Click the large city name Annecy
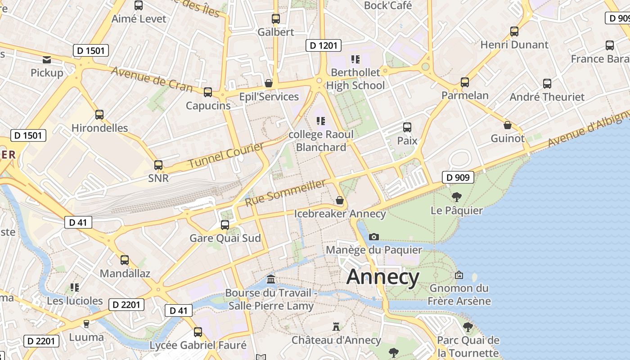point(383,277)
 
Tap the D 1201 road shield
point(324,45)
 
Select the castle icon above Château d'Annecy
point(336,326)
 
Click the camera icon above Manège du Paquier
point(373,237)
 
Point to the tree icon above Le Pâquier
point(457,197)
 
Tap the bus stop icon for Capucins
point(208,92)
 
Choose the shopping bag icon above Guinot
point(508,125)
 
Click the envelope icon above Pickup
point(47,59)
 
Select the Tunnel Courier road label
point(226,155)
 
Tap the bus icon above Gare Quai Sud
point(225,225)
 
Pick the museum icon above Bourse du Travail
point(271,279)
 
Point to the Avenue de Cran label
point(152,79)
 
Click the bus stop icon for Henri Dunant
point(514,31)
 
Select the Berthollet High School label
point(355,79)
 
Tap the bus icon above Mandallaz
point(125,260)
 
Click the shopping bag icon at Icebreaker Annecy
point(340,200)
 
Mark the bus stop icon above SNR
point(158,165)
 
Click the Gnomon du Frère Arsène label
point(459,294)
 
